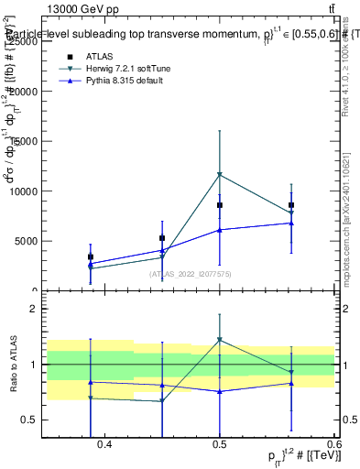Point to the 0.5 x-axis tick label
point(220,444)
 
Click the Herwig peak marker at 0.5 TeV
point(219,174)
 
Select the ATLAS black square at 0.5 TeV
point(219,205)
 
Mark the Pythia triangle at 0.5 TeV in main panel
point(219,230)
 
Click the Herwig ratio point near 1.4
point(219,340)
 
